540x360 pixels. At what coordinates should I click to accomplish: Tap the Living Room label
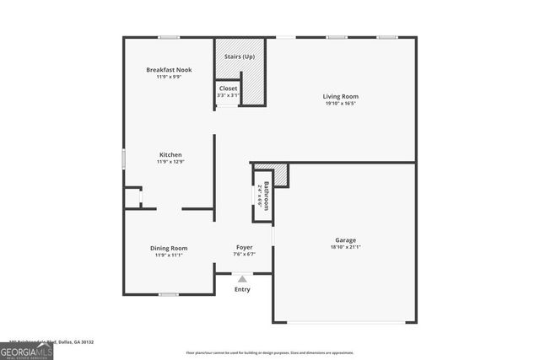tap(341, 96)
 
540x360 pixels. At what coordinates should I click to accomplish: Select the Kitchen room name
tap(170, 154)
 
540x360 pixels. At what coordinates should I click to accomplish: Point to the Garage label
tap(345, 240)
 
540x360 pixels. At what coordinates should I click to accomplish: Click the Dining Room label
tap(169, 248)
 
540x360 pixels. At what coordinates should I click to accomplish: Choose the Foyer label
tap(244, 247)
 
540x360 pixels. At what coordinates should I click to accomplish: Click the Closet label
tap(229, 89)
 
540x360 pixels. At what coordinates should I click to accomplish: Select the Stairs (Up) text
tap(239, 56)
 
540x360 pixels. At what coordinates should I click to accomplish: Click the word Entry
tap(242, 289)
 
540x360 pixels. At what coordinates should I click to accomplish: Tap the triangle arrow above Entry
tap(242, 279)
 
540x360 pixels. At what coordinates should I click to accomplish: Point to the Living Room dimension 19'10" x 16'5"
tap(341, 104)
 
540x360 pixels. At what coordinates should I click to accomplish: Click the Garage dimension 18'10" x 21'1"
tap(345, 247)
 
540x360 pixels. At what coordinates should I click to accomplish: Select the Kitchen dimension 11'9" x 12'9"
tap(170, 162)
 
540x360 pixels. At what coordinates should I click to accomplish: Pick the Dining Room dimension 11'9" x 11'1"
tap(169, 255)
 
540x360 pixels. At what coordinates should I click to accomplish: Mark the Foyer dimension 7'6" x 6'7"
tap(244, 254)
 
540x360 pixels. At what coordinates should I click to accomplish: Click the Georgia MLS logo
tap(27, 349)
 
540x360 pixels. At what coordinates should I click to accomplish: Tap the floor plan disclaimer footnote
tap(269, 352)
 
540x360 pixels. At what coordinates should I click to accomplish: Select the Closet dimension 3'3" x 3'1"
tap(229, 95)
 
